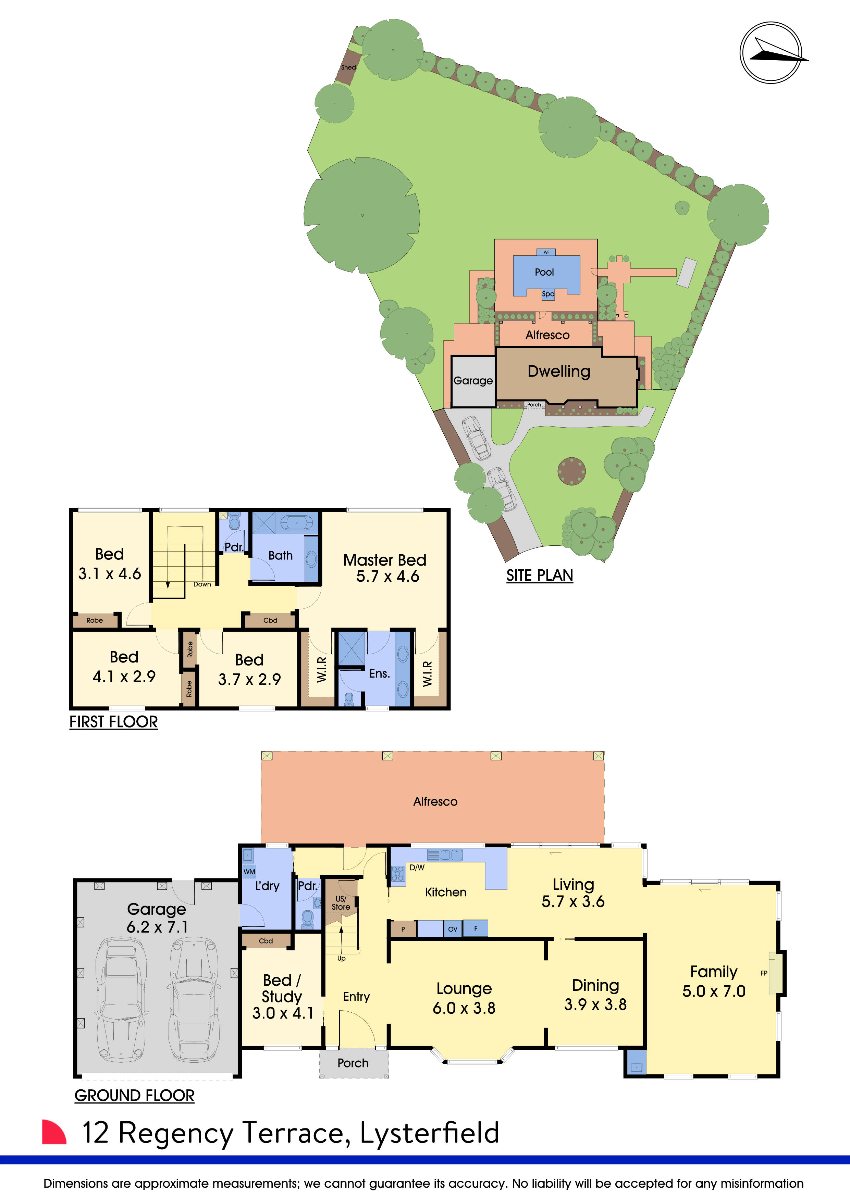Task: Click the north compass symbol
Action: (x=771, y=52)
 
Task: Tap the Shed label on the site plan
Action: (x=348, y=67)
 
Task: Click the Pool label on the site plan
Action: (x=544, y=272)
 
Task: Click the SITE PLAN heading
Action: (x=540, y=576)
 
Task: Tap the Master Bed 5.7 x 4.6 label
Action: (x=385, y=568)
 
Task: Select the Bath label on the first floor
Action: (x=281, y=556)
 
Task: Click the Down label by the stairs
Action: (x=202, y=584)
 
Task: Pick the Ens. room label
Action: (x=380, y=674)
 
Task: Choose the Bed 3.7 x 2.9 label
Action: (x=250, y=670)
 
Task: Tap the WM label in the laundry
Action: (x=250, y=871)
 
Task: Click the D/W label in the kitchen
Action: (x=417, y=867)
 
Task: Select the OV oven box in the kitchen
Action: (x=453, y=929)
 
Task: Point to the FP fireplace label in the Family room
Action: (x=764, y=973)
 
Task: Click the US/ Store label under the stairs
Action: (x=341, y=903)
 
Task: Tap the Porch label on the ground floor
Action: (x=353, y=1063)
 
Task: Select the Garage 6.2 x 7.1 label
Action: (x=157, y=918)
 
